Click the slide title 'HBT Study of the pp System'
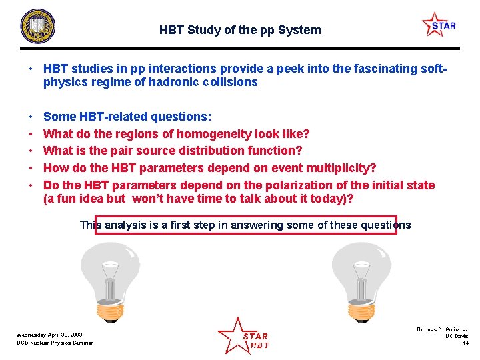(240, 30)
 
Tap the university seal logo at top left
(37, 27)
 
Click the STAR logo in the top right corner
(440, 25)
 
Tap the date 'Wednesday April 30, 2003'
(50, 334)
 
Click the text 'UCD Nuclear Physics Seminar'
(55, 343)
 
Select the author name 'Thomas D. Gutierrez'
(442, 329)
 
